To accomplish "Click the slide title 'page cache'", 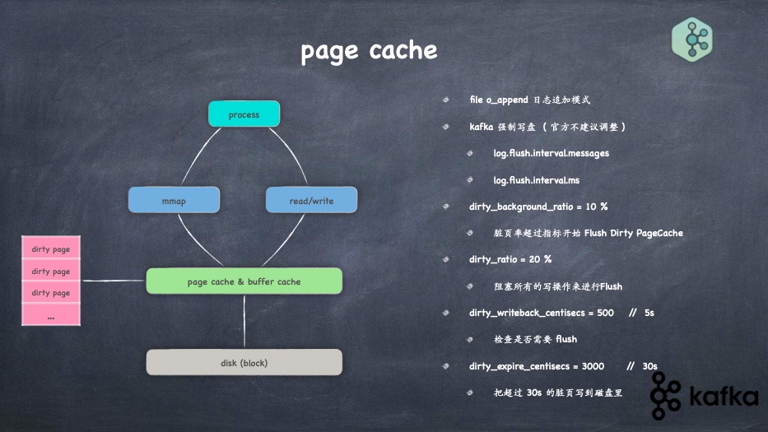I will pyautogui.click(x=368, y=51).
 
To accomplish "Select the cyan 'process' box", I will pyautogui.click(x=244, y=114).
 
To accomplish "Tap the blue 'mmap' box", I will pyautogui.click(x=174, y=200).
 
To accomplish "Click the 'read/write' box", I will pyautogui.click(x=311, y=200).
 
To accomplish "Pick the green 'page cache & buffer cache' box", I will pyautogui.click(x=244, y=281).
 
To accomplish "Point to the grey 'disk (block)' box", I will pyautogui.click(x=244, y=362).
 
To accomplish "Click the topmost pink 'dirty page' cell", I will pyautogui.click(x=51, y=249).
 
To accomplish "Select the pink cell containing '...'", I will pyautogui.click(x=51, y=314).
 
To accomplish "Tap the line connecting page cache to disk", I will pyautogui.click(x=244, y=322).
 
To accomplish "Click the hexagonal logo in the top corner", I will pyautogui.click(x=691, y=39).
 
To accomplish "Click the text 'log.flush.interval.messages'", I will pyautogui.click(x=551, y=153).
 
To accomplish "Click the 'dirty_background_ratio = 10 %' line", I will pyautogui.click(x=538, y=206).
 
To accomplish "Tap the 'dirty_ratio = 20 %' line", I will pyautogui.click(x=510, y=259).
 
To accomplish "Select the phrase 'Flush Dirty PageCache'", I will pyautogui.click(x=634, y=233).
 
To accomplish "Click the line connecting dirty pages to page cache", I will pyautogui.click(x=114, y=281).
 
